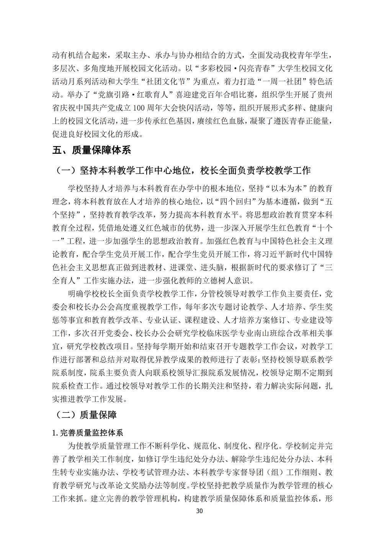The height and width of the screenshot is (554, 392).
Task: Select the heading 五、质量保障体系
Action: pyautogui.click(x=91, y=150)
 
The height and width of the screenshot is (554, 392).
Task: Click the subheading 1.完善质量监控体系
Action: pyautogui.click(x=88, y=433)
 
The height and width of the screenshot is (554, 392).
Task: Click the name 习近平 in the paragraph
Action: pyautogui.click(x=274, y=254)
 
